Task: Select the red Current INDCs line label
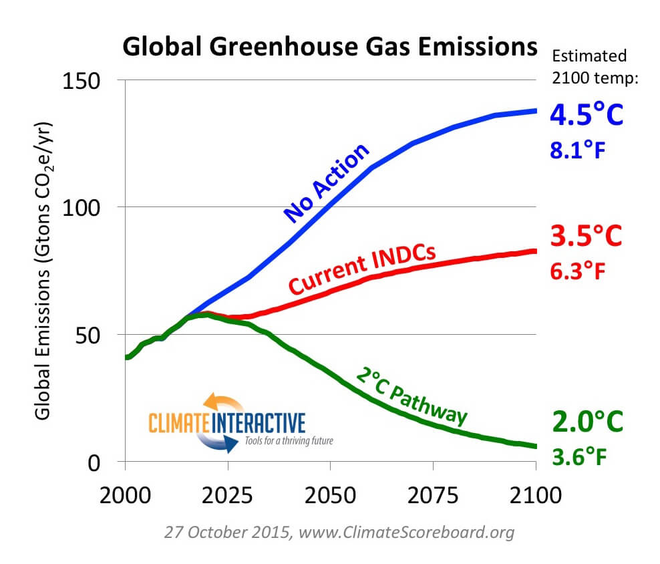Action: tap(362, 270)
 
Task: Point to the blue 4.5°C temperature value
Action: tap(586, 114)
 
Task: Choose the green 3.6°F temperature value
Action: tap(579, 456)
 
